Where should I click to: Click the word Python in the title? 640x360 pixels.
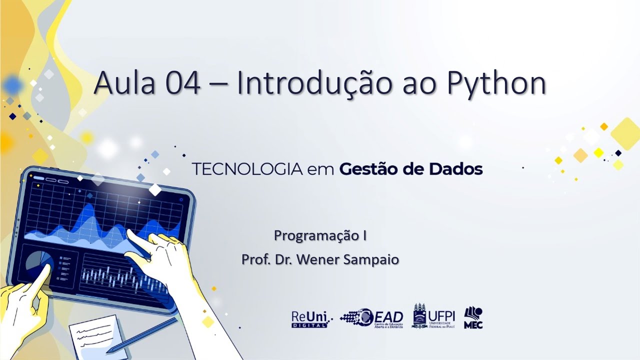[496, 83]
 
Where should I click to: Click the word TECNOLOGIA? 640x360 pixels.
[247, 169]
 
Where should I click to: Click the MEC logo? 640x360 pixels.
[473, 318]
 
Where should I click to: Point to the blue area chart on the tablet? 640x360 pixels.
[100, 222]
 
